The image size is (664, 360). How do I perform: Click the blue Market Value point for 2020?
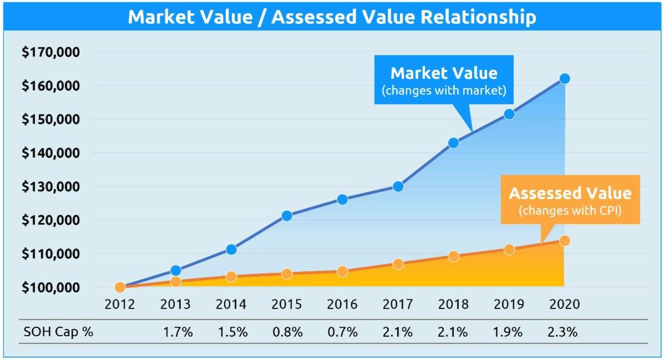click(x=564, y=79)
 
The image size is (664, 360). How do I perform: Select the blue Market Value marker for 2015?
click(x=287, y=216)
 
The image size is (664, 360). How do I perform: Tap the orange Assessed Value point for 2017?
click(x=398, y=264)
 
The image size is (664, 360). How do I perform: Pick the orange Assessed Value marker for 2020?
click(x=564, y=241)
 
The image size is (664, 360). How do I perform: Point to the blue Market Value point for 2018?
click(x=453, y=143)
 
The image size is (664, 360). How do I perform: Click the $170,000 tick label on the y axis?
click(x=51, y=53)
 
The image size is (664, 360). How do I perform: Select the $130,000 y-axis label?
click(x=51, y=187)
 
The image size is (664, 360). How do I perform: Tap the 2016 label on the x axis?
click(x=342, y=305)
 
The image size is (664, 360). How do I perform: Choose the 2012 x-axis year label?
click(x=120, y=305)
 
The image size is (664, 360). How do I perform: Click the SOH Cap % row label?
click(x=58, y=333)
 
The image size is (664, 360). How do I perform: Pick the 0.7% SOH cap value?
click(x=342, y=333)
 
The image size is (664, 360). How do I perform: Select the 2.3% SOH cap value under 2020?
click(x=564, y=333)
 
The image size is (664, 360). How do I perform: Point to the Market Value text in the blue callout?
click(x=444, y=73)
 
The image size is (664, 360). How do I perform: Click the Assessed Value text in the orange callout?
click(x=570, y=193)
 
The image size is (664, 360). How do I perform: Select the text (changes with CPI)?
click(x=570, y=211)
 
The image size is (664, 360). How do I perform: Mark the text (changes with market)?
click(x=444, y=90)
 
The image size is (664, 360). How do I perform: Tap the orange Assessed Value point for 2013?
click(x=175, y=282)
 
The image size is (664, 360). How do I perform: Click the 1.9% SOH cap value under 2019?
click(x=509, y=333)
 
